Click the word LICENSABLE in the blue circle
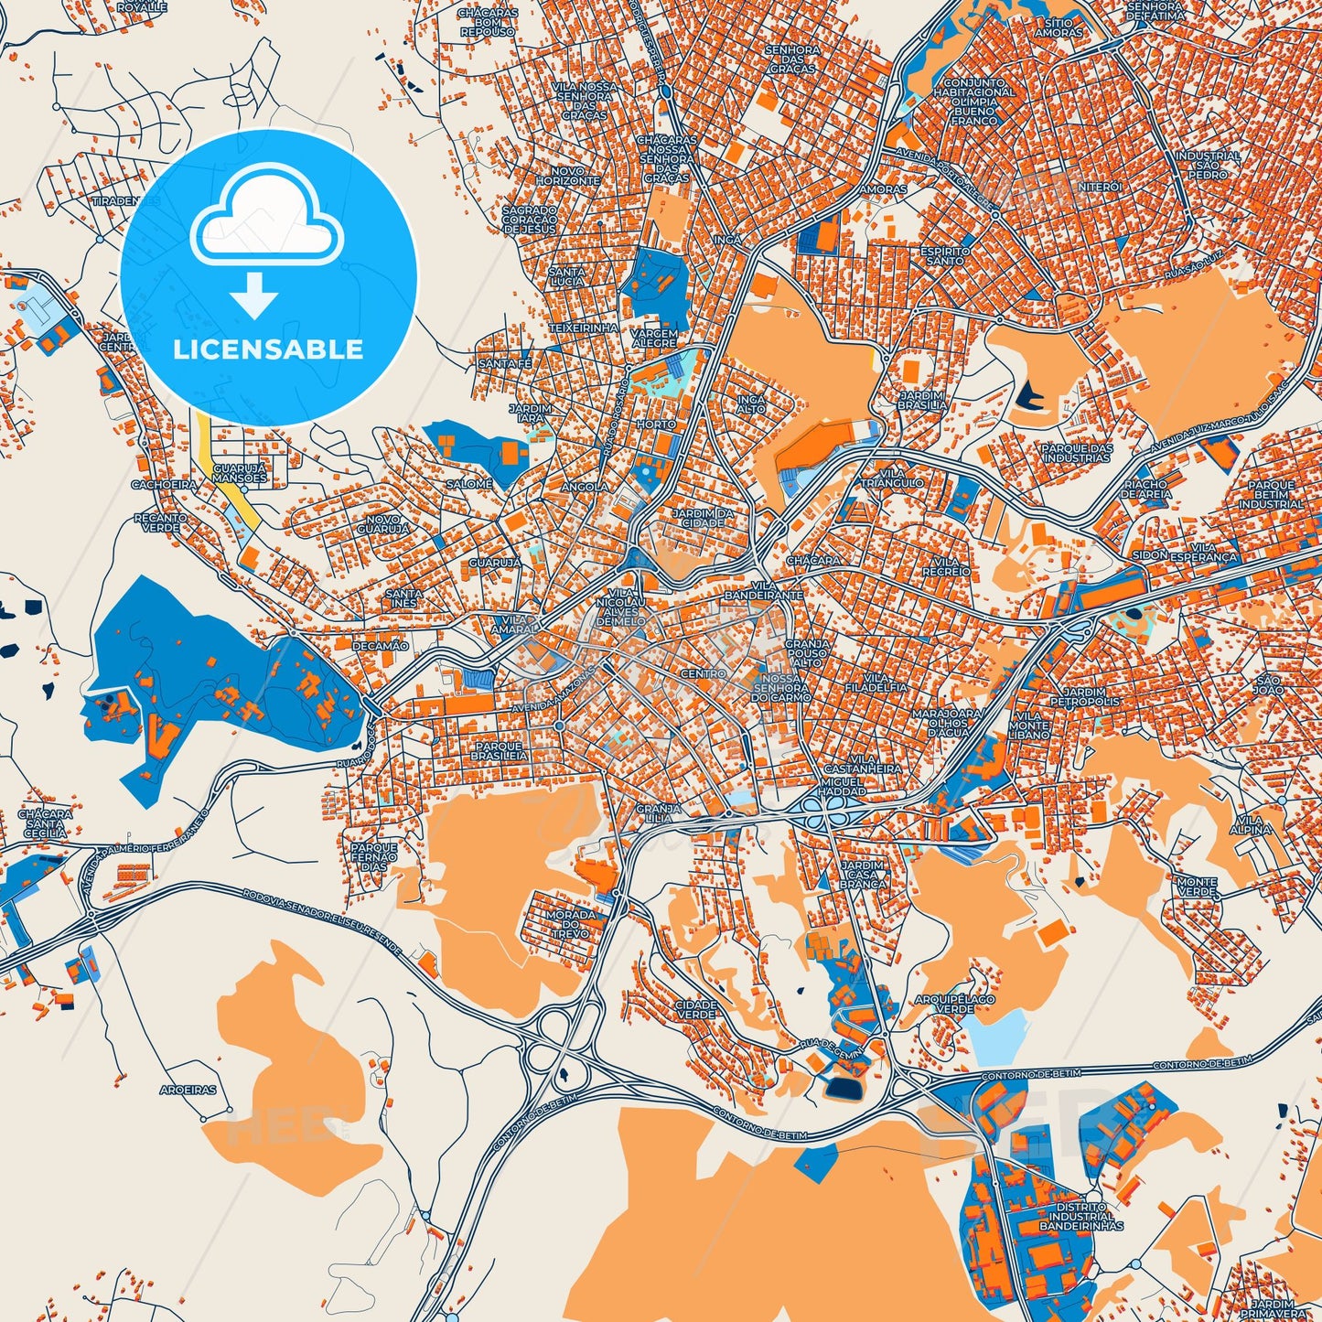(268, 349)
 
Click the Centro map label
(703, 673)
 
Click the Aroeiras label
(188, 1091)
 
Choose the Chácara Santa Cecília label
(45, 823)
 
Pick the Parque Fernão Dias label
(374, 857)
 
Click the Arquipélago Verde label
(954, 1004)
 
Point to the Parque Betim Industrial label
(1271, 494)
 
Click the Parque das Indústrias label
(1076, 453)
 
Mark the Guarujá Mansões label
(239, 473)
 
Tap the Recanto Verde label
(160, 522)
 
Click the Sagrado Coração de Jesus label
(529, 220)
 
